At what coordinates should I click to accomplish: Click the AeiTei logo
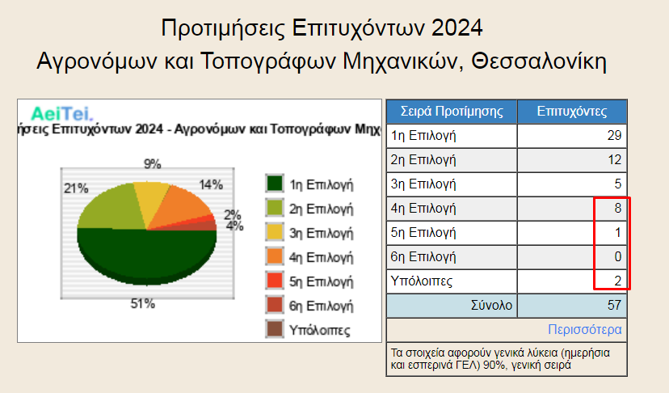(x=62, y=114)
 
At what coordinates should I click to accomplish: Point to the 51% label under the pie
(x=142, y=304)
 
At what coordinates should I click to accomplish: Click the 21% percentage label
(x=76, y=188)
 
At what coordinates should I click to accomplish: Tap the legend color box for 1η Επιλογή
(x=275, y=184)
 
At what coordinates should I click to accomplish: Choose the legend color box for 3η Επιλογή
(x=275, y=232)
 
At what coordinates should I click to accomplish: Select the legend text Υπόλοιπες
(x=320, y=330)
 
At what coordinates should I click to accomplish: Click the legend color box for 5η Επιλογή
(x=275, y=281)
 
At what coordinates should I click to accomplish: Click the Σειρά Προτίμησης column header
(x=452, y=112)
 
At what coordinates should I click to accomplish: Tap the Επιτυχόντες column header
(x=572, y=112)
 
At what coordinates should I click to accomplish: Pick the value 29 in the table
(x=614, y=136)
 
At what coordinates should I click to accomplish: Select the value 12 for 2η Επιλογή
(x=614, y=160)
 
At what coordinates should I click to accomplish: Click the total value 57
(x=614, y=306)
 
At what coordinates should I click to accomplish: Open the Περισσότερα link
(x=584, y=329)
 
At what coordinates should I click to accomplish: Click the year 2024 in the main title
(x=457, y=28)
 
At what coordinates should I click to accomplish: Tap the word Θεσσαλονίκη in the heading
(x=539, y=61)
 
